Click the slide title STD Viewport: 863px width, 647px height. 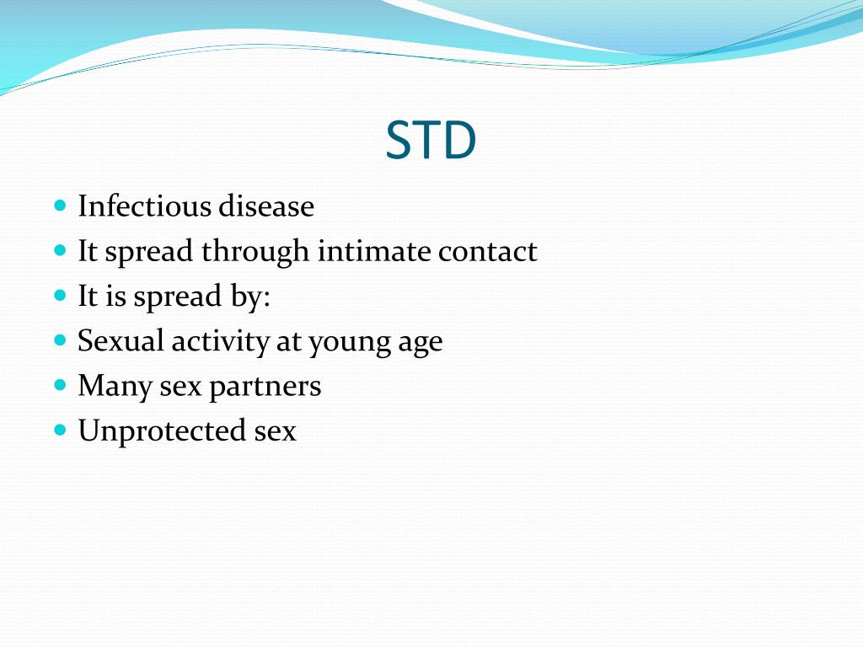431,142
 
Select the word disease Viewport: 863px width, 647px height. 266,206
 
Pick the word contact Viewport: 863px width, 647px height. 487,252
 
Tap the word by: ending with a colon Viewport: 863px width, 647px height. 251,297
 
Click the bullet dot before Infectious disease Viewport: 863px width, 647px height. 60,206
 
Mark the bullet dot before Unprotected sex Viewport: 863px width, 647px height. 60,430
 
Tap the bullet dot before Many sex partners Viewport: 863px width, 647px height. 60,385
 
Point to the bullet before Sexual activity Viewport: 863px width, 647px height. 60,340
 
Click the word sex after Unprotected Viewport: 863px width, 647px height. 275,432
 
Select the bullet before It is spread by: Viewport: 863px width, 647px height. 60,296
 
